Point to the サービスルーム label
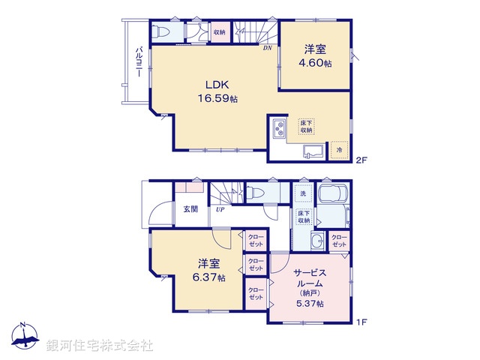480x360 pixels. pyautogui.click(x=308, y=279)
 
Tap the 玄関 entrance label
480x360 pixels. pyautogui.click(x=190, y=209)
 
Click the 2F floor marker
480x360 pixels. pyautogui.click(x=362, y=159)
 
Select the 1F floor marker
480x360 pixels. pyautogui.click(x=362, y=322)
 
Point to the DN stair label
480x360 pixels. pyautogui.click(x=267, y=50)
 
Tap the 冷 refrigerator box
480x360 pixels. pyautogui.click(x=340, y=150)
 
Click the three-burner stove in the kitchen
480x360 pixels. pyautogui.click(x=279, y=128)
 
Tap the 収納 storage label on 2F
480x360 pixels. pyautogui.click(x=219, y=32)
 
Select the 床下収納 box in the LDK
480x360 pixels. pyautogui.click(x=306, y=126)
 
